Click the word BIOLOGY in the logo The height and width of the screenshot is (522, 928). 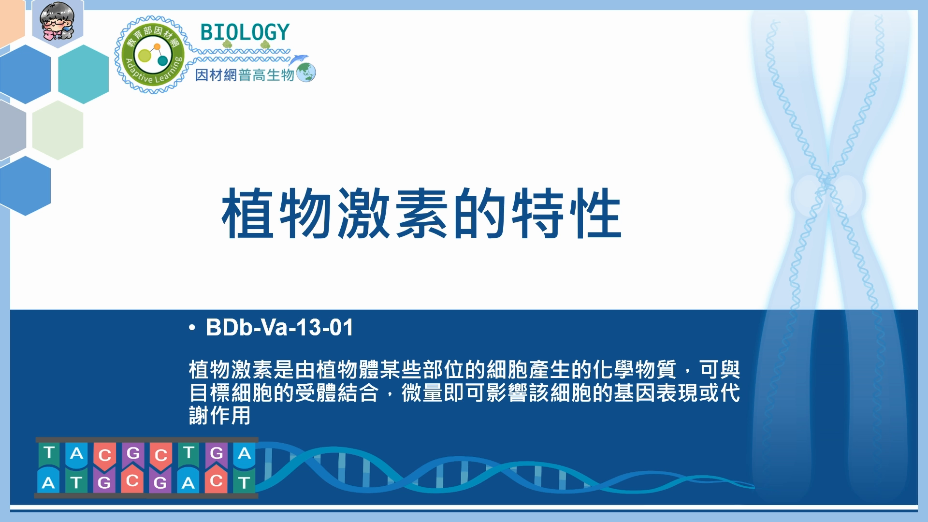245,32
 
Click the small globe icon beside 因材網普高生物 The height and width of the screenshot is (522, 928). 306,72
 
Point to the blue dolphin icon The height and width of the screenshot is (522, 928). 299,59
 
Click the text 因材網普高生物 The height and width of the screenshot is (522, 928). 245,75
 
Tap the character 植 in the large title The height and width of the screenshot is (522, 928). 248,213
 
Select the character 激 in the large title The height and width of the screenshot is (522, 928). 363,213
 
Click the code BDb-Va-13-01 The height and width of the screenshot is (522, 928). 279,328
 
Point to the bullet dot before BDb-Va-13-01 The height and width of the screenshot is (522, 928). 192,328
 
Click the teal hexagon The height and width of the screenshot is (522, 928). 84,74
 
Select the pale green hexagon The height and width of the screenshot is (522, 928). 58,130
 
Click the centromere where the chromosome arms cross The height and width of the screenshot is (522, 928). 827,184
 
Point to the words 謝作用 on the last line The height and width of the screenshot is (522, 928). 220,416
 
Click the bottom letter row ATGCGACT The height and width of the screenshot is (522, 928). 146,481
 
